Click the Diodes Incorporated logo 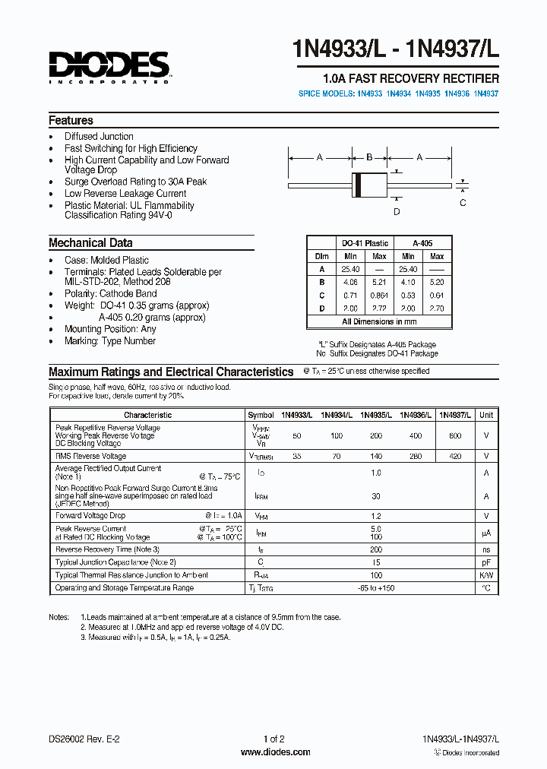(109, 66)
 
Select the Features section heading (71, 120)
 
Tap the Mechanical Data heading (90, 243)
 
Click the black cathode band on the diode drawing (356, 184)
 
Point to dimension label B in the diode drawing (369, 157)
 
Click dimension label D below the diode (396, 212)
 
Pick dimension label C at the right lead (463, 202)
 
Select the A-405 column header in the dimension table (422, 243)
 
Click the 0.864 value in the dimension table (379, 294)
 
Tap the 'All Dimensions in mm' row (379, 321)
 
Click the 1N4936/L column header (415, 415)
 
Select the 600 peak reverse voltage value (454, 435)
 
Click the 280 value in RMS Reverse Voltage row (415, 456)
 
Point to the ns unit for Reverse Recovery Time (486, 549)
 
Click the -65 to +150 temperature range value (375, 587)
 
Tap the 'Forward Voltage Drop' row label (90, 516)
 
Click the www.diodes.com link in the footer (274, 752)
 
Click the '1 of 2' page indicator (273, 739)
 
